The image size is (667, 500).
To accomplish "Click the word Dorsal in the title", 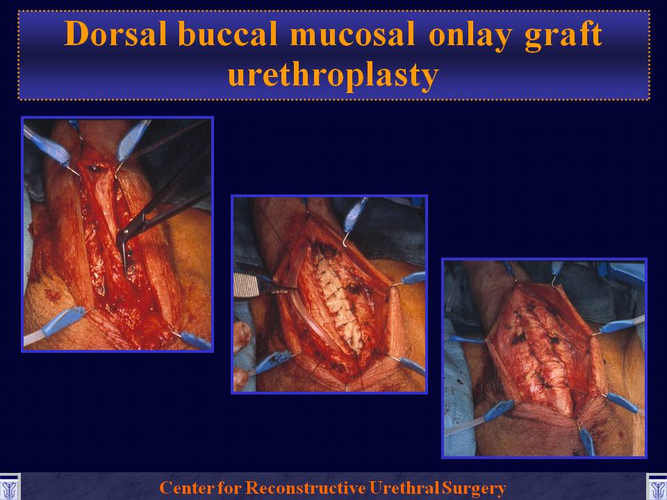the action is click(x=115, y=33).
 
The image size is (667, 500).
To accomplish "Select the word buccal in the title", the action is click(x=228, y=33).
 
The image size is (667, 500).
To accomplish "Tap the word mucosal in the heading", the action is click(x=353, y=33).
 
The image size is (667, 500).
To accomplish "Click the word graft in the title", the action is click(x=563, y=35).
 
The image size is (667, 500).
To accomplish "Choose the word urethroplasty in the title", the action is click(x=333, y=76).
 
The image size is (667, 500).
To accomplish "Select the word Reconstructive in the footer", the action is click(x=306, y=487).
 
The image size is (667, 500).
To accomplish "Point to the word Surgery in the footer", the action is click(x=474, y=488).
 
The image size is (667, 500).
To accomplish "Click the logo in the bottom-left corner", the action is click(x=9, y=486).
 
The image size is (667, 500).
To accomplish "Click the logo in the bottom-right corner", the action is click(x=657, y=486).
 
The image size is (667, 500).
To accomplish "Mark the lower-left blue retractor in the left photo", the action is click(x=60, y=323).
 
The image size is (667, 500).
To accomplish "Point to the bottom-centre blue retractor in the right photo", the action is click(x=587, y=442).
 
